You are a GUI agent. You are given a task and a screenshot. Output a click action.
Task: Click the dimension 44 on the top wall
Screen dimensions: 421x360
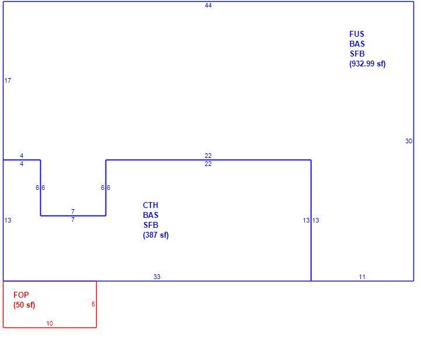pos(208,5)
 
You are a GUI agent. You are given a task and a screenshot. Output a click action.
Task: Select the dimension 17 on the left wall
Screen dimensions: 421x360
pos(8,80)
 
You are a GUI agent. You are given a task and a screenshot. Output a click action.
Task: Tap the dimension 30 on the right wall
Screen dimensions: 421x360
pos(409,141)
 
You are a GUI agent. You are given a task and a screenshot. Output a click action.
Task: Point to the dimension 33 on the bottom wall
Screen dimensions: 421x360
pos(157,277)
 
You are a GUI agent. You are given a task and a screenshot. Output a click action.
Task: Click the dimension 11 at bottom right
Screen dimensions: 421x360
pos(362,277)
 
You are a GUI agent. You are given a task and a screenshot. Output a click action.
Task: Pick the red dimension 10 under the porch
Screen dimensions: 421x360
pos(50,323)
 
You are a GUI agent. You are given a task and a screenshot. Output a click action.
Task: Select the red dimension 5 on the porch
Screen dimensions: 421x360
pos(93,304)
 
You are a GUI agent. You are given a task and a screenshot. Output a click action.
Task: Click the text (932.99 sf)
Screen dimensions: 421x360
pos(367,64)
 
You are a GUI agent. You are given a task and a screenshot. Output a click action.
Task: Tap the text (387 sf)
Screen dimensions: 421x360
pos(156,235)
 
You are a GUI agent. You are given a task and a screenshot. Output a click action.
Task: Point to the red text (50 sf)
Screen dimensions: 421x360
pos(24,305)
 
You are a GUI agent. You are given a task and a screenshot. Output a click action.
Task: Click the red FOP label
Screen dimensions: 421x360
pos(21,295)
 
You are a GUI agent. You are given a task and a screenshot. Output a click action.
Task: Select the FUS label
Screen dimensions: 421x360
pos(356,34)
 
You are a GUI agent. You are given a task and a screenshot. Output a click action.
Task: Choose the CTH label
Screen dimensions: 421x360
pos(150,205)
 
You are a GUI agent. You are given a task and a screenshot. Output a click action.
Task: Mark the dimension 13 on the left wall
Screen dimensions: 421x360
pos(8,220)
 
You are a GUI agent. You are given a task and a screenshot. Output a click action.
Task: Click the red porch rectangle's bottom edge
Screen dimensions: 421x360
pos(50,327)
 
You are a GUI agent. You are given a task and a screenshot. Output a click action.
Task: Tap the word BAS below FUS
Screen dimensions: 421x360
pos(357,44)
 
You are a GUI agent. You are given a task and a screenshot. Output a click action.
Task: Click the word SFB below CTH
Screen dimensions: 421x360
pos(150,225)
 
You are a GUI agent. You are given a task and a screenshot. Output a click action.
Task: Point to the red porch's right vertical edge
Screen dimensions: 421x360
pos(96,304)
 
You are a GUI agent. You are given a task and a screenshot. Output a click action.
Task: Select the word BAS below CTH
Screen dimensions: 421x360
pos(150,215)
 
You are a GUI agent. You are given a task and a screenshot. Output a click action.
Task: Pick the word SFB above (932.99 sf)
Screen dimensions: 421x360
pos(357,54)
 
